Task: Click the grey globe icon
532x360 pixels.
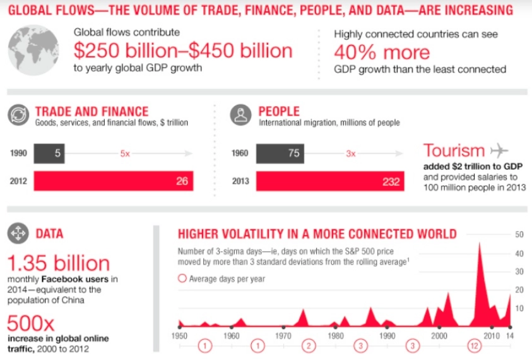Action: point(33,50)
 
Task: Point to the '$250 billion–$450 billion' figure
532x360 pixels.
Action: point(183,51)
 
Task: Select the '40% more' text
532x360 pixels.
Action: point(382,52)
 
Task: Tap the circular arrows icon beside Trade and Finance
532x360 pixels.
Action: point(18,115)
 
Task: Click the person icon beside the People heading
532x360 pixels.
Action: point(241,115)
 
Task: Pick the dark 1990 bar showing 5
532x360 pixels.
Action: point(49,153)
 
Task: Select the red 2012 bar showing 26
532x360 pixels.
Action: point(114,181)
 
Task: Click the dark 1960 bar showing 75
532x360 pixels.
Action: point(280,153)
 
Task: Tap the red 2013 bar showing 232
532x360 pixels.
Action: point(330,181)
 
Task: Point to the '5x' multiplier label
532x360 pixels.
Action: point(125,154)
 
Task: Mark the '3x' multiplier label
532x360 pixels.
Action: point(351,154)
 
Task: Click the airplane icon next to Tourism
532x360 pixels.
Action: point(499,150)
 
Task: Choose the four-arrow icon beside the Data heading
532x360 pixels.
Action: point(18,233)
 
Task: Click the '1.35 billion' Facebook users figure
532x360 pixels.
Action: point(59,263)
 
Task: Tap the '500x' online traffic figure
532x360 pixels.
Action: point(30,323)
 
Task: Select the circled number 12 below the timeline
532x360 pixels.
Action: point(475,346)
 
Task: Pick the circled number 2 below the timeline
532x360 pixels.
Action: point(309,346)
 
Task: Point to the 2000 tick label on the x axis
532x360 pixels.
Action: point(439,336)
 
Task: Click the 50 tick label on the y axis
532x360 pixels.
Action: point(519,234)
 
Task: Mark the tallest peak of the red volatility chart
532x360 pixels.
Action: point(480,243)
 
